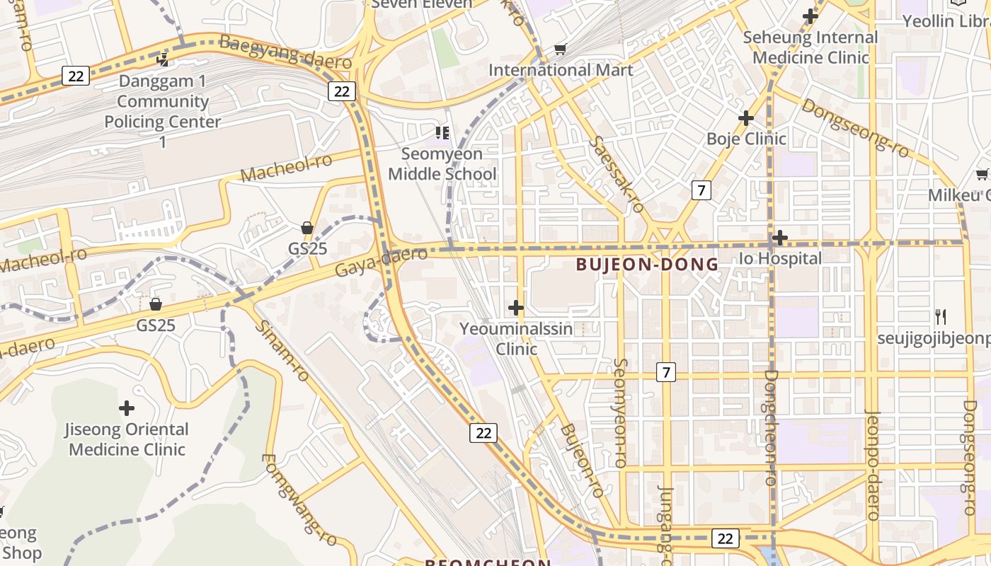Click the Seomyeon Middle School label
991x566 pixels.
(x=442, y=164)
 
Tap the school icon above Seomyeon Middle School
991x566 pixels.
(x=442, y=132)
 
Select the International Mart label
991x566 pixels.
(x=561, y=70)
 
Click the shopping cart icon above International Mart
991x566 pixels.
(x=560, y=49)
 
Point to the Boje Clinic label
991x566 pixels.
(x=746, y=139)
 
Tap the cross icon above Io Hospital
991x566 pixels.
(x=779, y=238)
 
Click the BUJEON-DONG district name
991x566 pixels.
(x=647, y=265)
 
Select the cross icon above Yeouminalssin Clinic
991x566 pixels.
(x=516, y=308)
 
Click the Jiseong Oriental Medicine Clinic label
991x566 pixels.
(x=127, y=439)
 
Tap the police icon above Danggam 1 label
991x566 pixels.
(x=164, y=59)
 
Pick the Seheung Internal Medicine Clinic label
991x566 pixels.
(x=810, y=47)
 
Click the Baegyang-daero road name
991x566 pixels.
(x=285, y=52)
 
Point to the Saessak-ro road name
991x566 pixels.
(x=616, y=174)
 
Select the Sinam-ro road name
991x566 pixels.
(x=282, y=351)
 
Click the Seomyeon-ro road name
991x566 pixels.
(x=619, y=412)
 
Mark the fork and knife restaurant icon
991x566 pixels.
(x=941, y=317)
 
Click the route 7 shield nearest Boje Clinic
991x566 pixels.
(x=701, y=190)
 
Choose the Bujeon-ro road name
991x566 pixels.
(x=581, y=461)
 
